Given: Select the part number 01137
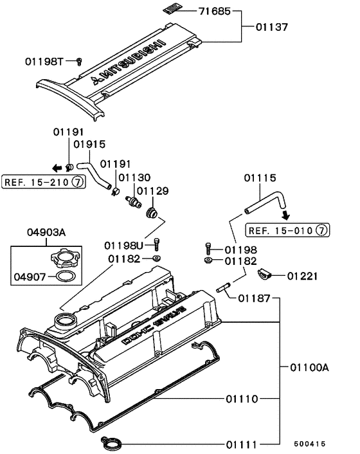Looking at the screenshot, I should pos(271,28).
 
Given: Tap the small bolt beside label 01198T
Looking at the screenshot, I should pos(78,60).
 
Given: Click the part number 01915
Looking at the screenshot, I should pos(89,145).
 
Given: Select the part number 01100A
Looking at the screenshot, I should pos(309,367).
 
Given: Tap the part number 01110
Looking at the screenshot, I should pos(242,399).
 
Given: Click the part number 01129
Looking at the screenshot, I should pos(152,190).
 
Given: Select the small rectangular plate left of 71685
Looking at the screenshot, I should pos(169,8).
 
